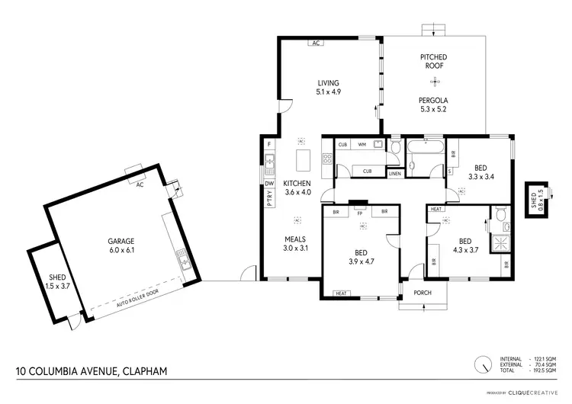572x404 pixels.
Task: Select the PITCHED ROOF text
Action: (x=433, y=62)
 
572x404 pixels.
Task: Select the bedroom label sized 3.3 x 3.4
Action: (x=480, y=172)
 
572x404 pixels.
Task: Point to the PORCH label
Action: (x=423, y=293)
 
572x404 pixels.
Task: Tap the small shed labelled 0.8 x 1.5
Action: (x=537, y=200)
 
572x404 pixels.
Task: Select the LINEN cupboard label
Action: (x=394, y=174)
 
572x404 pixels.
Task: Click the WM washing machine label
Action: (x=362, y=143)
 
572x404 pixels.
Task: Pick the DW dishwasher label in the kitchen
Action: (x=269, y=183)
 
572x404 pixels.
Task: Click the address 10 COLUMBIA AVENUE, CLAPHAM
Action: (x=92, y=371)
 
